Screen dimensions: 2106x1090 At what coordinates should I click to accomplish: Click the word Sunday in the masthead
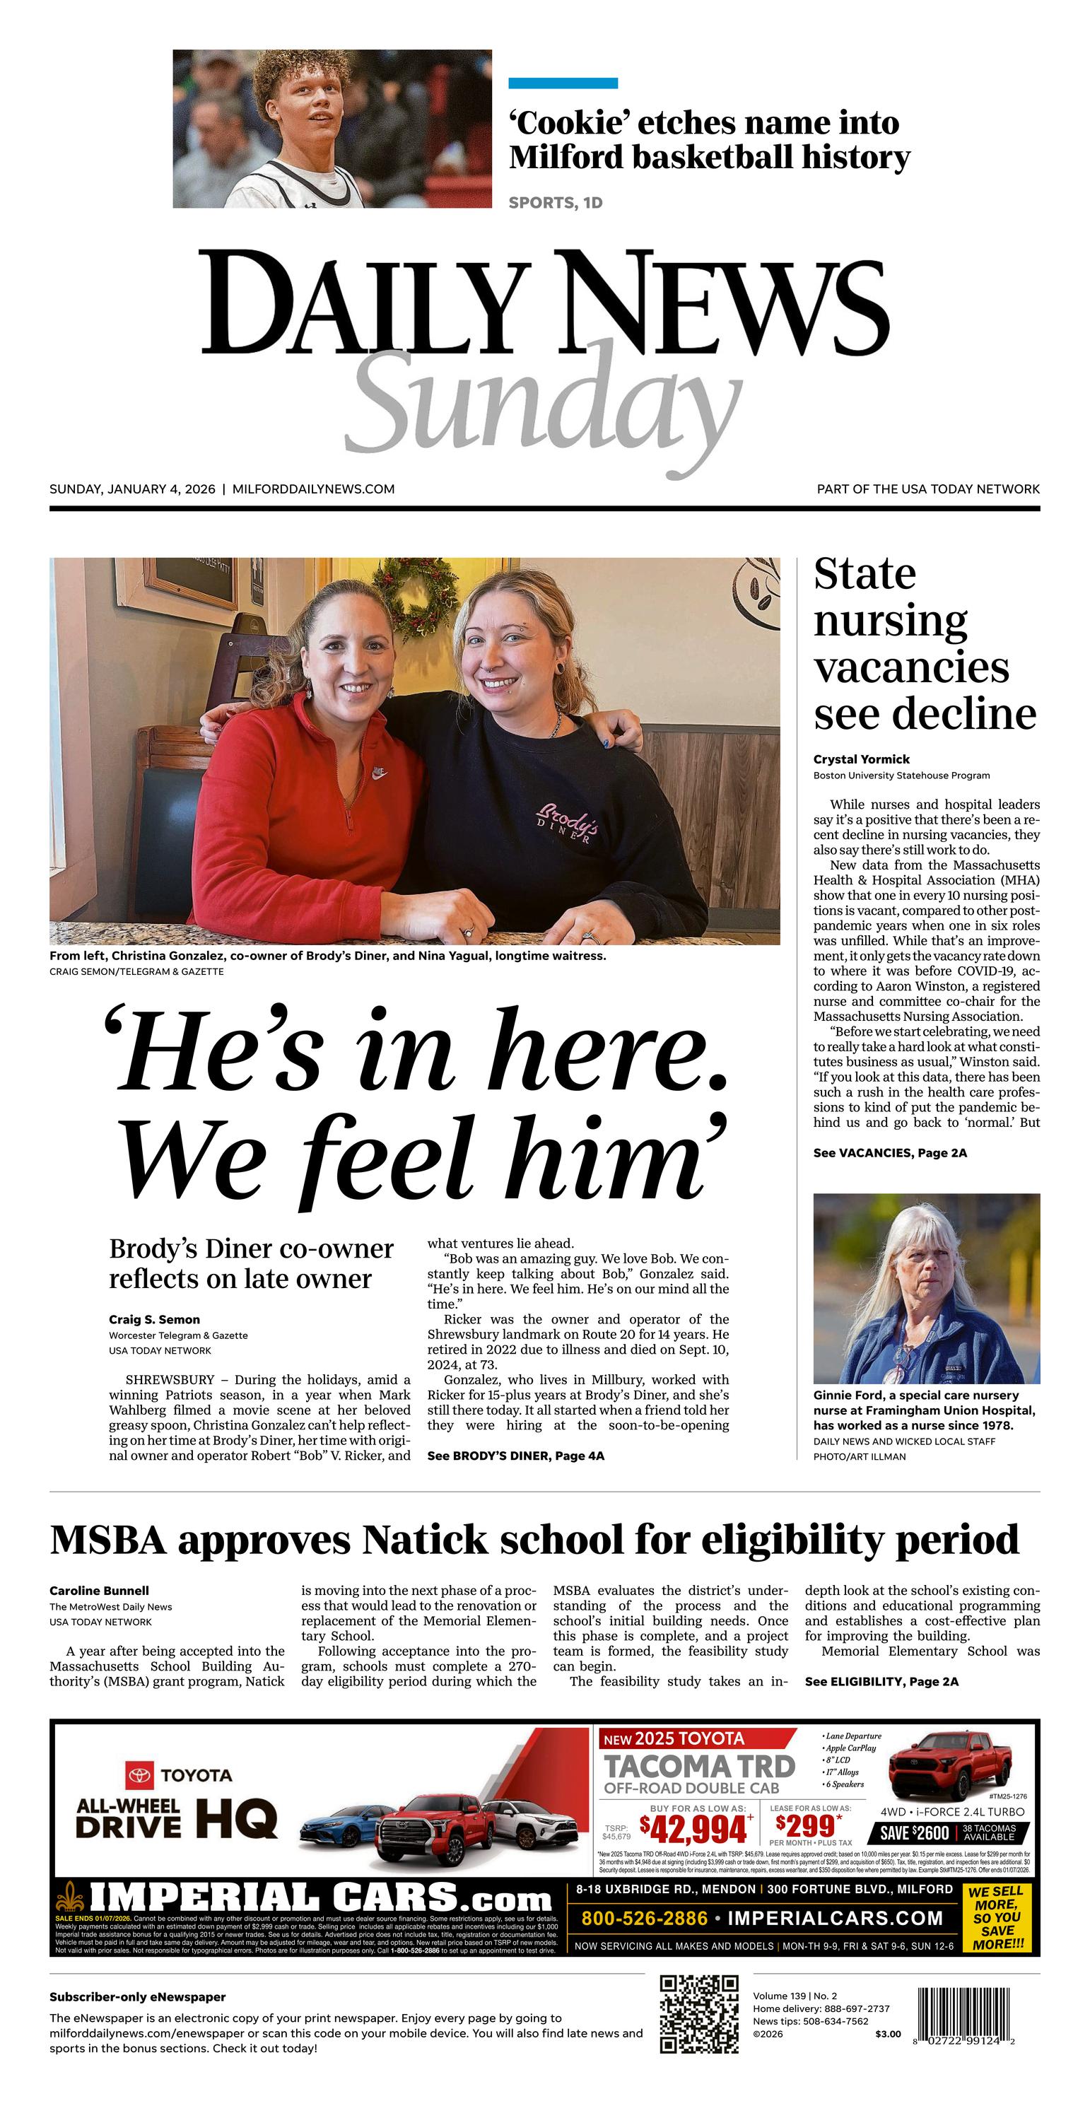point(543,404)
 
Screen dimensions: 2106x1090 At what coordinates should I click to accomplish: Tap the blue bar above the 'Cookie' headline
point(563,83)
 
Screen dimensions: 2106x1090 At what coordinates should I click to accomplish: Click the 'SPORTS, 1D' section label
point(555,203)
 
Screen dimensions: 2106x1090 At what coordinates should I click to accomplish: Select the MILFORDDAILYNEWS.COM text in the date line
point(313,489)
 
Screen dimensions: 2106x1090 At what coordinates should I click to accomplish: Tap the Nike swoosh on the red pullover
point(379,771)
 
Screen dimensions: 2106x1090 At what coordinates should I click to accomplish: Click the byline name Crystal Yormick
point(861,759)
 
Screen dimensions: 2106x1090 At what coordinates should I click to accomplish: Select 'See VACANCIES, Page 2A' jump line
point(890,1153)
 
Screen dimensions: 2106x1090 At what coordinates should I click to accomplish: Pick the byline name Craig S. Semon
point(155,1320)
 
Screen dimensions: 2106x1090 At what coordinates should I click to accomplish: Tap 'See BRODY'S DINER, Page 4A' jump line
point(515,1456)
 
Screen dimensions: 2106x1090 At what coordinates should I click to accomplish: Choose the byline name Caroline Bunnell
point(99,1591)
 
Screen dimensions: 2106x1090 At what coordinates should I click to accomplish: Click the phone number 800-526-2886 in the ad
point(645,1918)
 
